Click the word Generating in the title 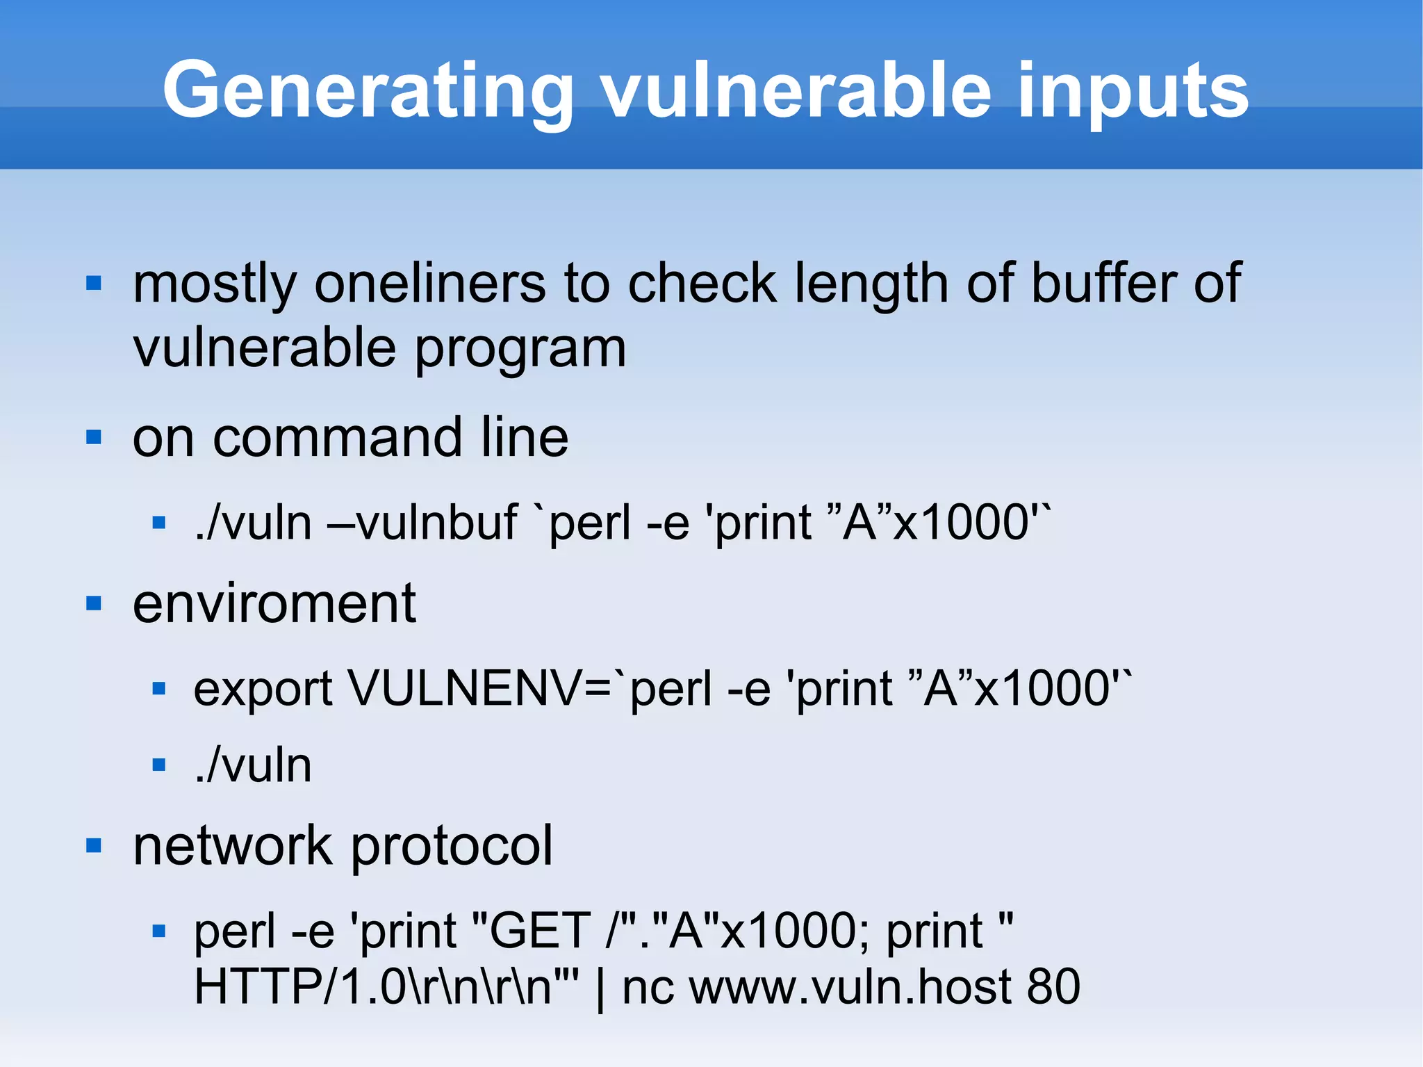368,90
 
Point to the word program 520,350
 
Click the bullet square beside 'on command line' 94,438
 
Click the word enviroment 274,603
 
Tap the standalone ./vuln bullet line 253,766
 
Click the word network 233,846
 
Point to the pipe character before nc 600,987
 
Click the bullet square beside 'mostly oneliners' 94,284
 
